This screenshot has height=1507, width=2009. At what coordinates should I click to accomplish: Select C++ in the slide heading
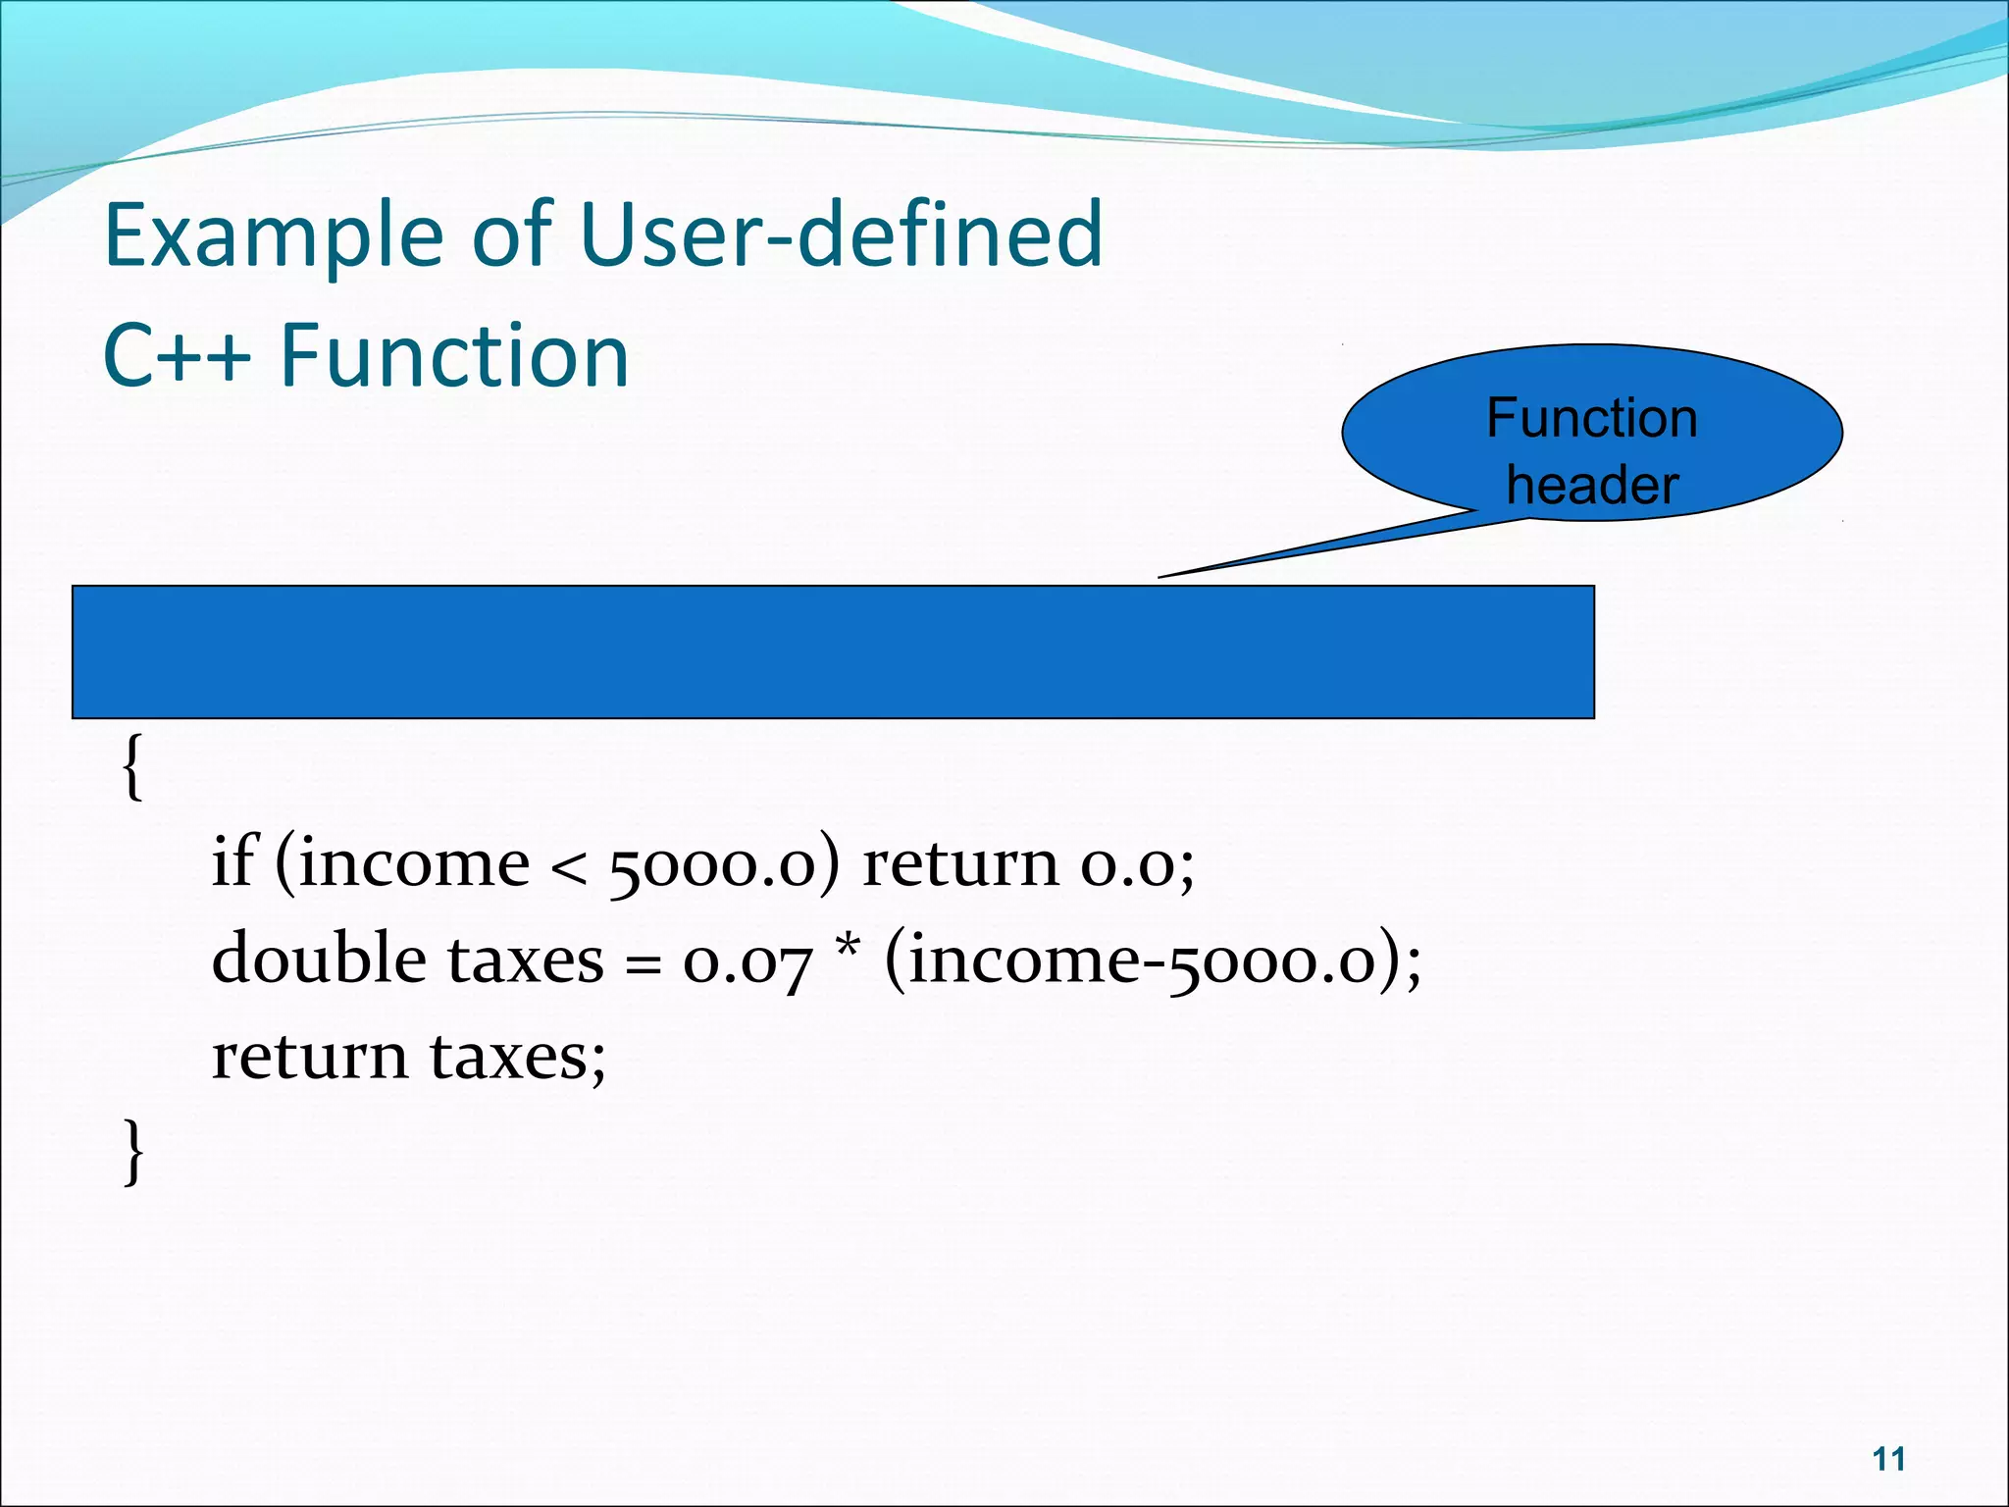177,355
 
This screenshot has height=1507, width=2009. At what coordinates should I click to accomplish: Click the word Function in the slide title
454,355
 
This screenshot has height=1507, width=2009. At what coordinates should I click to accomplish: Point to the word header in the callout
1592,485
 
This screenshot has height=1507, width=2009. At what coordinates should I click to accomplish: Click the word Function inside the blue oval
1591,418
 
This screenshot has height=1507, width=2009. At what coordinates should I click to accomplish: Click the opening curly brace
132,767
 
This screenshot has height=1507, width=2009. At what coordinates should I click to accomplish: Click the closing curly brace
133,1152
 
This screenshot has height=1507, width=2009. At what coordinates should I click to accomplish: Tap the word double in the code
317,958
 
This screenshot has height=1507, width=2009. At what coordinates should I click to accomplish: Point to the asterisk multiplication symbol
848,948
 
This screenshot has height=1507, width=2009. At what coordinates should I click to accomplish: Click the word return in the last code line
309,1058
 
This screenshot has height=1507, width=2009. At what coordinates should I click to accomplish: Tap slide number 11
1888,1459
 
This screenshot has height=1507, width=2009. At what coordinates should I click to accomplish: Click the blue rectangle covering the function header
833,652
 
